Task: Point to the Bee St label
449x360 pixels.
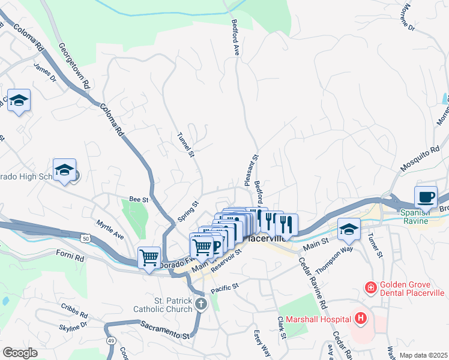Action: coord(139,199)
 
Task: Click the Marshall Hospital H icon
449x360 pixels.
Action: coord(360,318)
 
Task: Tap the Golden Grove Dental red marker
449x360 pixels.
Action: coord(371,288)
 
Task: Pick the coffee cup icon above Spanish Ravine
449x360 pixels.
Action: coord(426,197)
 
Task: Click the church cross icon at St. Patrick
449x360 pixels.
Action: coord(201,304)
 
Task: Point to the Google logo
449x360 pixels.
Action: coord(20,352)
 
